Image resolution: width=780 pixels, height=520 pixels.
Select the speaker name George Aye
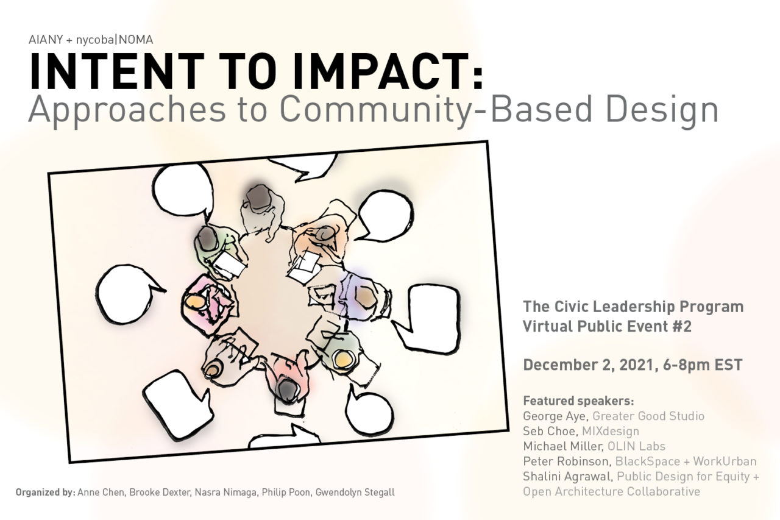point(555,416)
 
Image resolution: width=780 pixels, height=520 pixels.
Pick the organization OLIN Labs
point(637,446)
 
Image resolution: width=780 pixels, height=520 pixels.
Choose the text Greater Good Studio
point(648,416)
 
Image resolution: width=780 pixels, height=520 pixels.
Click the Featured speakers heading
point(578,401)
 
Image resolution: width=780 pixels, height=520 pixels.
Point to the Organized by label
point(45,493)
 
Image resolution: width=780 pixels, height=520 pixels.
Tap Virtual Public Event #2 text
point(607,326)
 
